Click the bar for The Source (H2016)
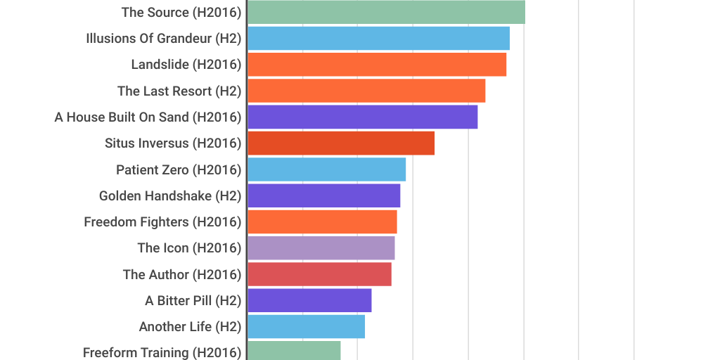tap(386, 12)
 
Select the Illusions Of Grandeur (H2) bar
tap(378, 38)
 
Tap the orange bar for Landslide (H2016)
tap(377, 65)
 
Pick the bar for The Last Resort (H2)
tap(366, 91)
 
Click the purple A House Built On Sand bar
tap(362, 117)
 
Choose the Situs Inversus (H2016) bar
tap(341, 143)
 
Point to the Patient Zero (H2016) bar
tap(326, 169)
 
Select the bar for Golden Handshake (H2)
tap(323, 195)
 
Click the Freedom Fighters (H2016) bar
tap(322, 221)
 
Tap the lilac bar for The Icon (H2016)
tap(321, 247)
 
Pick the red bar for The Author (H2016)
tap(319, 274)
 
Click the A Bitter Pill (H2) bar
tap(309, 300)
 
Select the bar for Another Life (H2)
tap(306, 326)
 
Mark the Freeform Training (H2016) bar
tap(294, 351)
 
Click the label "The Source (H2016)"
tap(181, 13)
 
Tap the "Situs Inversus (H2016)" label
tap(173, 143)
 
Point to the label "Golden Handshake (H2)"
tap(170, 196)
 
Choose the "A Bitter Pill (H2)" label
tap(193, 301)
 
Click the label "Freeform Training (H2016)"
tap(162, 352)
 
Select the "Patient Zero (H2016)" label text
tap(179, 170)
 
